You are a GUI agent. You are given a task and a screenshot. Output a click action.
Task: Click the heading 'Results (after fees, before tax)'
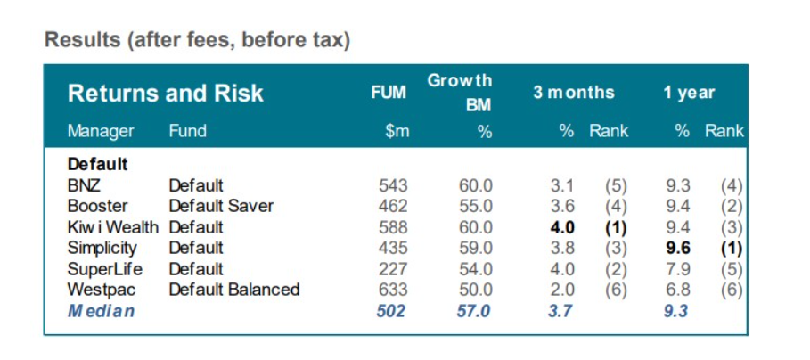point(197,40)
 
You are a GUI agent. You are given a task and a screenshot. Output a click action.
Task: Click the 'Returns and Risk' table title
point(165,94)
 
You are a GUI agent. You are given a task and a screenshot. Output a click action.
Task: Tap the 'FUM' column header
point(389,93)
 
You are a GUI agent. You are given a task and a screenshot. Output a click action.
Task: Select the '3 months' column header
point(574,93)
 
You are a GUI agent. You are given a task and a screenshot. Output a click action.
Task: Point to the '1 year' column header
point(689,93)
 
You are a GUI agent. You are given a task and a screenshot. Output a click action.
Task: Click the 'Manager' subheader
point(101,131)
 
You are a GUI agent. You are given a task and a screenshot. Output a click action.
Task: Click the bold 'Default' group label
point(98,165)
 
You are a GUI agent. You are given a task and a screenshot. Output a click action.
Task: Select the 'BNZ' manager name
point(84,185)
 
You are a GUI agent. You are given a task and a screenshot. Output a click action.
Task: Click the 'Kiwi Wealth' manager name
point(112,227)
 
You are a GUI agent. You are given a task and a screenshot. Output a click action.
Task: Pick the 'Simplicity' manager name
point(102,248)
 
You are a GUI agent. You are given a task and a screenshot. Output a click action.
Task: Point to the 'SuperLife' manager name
point(104,268)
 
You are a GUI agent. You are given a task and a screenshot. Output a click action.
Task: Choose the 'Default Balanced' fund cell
point(233,290)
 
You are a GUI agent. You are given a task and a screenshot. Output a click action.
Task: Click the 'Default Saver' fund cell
point(221,206)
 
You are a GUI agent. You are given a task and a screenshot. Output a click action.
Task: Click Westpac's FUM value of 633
point(392,290)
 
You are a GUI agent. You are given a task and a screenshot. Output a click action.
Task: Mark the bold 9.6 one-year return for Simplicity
point(679,248)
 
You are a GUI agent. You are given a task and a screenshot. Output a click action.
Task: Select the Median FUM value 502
point(390,311)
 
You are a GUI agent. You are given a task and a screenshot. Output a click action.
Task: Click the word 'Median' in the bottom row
point(101,311)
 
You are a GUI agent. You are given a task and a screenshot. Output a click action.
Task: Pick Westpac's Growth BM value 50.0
point(475,290)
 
